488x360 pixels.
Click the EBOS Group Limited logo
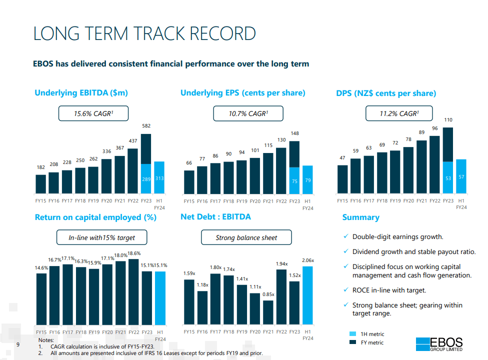(x=439, y=344)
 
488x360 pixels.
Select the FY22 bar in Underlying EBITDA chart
(x=133, y=171)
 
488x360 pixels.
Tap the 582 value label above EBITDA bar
(x=146, y=125)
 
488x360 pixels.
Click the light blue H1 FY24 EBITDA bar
(x=159, y=177)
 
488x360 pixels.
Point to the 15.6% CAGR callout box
(x=93, y=113)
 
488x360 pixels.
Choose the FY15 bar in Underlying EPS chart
(x=189, y=182)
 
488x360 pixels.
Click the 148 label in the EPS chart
(x=294, y=133)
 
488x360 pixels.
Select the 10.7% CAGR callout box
(x=248, y=113)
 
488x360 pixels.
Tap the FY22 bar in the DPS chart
(x=435, y=164)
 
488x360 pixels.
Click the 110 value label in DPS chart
(x=448, y=120)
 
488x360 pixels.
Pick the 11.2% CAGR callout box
(x=399, y=113)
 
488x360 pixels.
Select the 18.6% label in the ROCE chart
(x=134, y=253)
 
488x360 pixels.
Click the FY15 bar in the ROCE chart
(x=41, y=299)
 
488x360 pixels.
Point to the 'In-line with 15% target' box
(x=102, y=237)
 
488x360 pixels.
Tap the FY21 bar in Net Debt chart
(x=268, y=312)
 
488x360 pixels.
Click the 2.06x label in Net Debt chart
(x=308, y=260)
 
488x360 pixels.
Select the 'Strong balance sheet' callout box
(x=246, y=237)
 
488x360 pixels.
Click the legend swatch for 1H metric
(x=352, y=334)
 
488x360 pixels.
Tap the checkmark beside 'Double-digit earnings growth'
(x=346, y=236)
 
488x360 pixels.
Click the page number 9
(x=18, y=344)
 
